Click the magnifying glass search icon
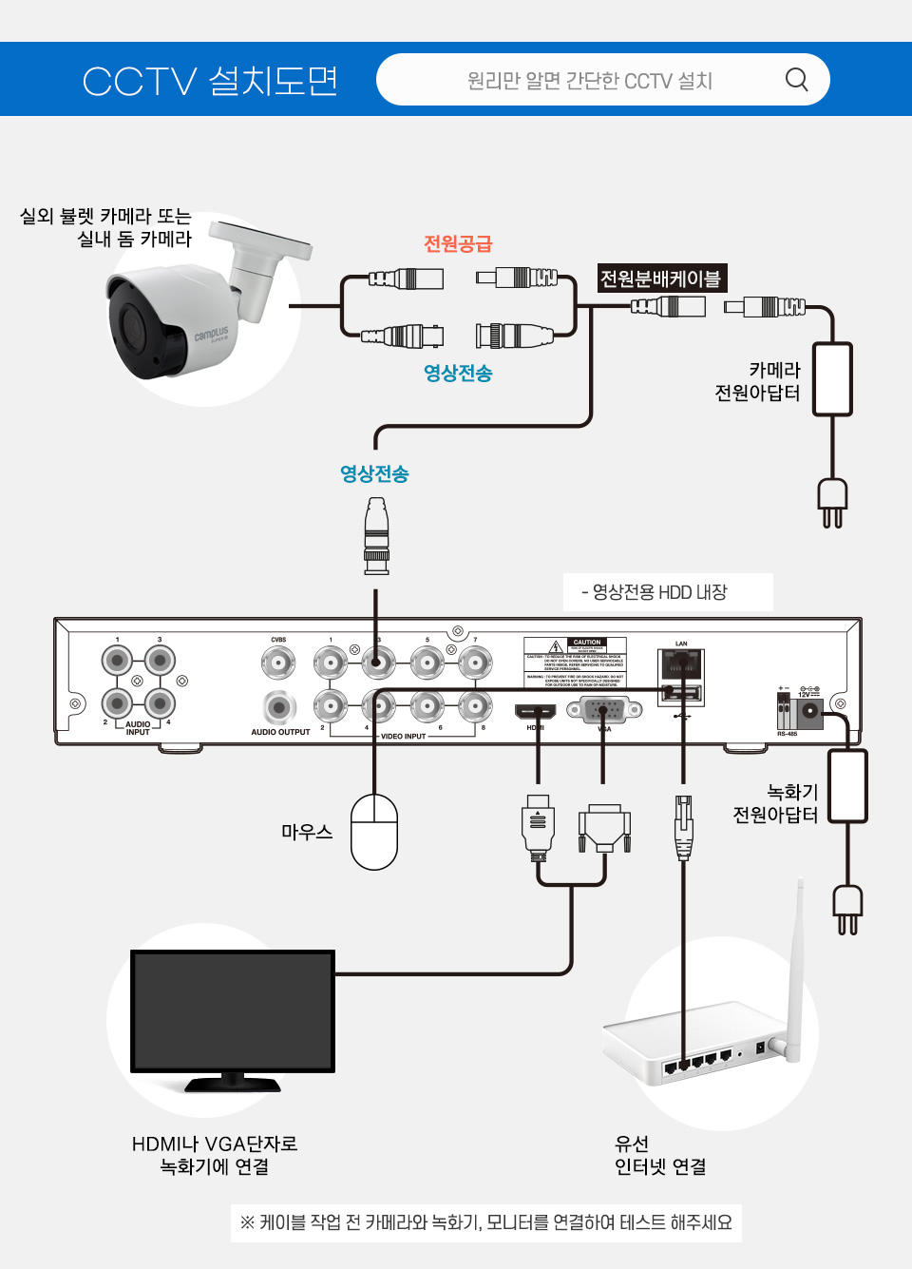point(796,80)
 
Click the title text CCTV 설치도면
point(210,81)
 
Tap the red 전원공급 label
point(458,244)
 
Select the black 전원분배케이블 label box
point(661,279)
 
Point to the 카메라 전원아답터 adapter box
point(832,379)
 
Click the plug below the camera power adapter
point(832,501)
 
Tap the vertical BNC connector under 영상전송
point(376,537)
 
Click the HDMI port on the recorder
point(535,710)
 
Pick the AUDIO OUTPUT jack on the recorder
point(278,707)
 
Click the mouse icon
point(374,832)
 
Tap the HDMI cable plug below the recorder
point(538,826)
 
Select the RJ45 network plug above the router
point(683,826)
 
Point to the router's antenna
point(796,970)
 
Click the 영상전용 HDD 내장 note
point(668,592)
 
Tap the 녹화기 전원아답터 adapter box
point(847,786)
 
